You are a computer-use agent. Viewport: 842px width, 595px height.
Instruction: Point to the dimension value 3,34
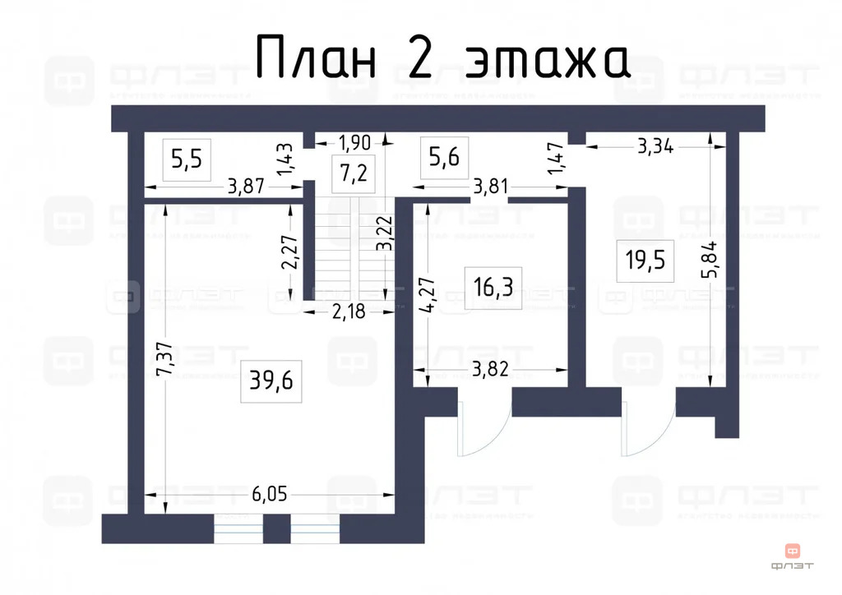(655, 147)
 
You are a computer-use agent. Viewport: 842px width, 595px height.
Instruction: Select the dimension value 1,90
(354, 141)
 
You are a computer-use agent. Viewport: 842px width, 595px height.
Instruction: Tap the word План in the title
(317, 58)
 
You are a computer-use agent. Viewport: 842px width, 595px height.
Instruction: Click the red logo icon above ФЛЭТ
(793, 550)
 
